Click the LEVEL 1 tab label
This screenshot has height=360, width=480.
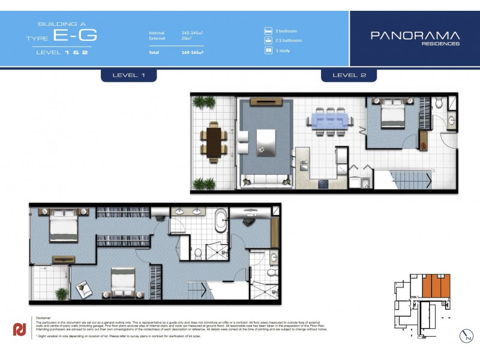(x=129, y=75)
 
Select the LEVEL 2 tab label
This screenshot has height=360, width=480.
(x=349, y=75)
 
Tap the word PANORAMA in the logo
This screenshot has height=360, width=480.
(x=415, y=35)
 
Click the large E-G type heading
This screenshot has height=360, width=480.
(x=75, y=35)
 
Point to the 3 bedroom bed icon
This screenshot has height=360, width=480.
(x=268, y=31)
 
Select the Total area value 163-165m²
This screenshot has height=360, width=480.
(x=193, y=53)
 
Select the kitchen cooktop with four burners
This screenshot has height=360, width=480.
(x=325, y=184)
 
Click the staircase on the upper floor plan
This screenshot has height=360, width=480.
(x=411, y=179)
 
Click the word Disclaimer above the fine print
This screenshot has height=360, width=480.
(x=45, y=318)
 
